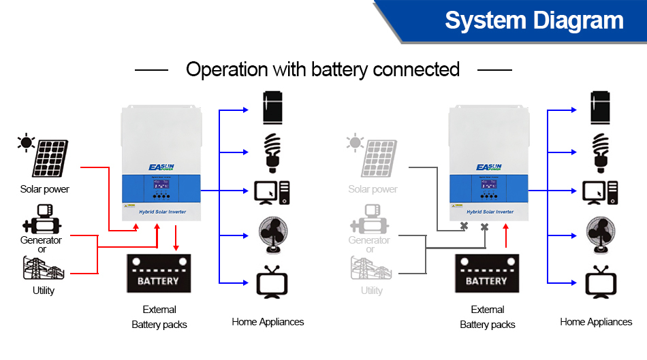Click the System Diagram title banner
(534, 20)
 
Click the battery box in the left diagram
(158, 274)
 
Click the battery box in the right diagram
(486, 274)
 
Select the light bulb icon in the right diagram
(600, 150)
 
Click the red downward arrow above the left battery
(176, 238)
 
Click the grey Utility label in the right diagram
(371, 291)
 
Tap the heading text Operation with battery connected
(323, 69)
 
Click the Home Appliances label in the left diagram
(268, 322)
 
